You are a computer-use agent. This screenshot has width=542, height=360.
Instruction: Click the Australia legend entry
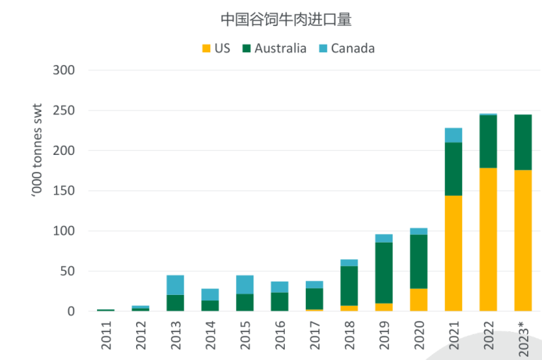(x=274, y=49)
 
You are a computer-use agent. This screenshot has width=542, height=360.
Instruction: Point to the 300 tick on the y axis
(x=63, y=70)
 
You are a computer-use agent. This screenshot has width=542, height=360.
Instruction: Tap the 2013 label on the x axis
(x=176, y=336)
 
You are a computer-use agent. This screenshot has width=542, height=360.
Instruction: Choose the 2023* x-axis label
(x=522, y=337)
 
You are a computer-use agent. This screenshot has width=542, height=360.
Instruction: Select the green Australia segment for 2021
(x=454, y=169)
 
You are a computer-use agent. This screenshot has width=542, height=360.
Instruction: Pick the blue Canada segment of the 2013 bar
(x=175, y=285)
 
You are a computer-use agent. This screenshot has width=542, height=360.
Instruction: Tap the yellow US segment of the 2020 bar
(x=419, y=300)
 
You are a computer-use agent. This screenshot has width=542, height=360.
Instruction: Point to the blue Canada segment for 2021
(x=454, y=135)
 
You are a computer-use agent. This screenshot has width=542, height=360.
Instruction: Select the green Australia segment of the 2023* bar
(x=522, y=142)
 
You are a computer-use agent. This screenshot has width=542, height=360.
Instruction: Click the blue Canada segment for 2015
(x=245, y=285)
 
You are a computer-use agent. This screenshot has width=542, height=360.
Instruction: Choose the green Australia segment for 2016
(x=279, y=302)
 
